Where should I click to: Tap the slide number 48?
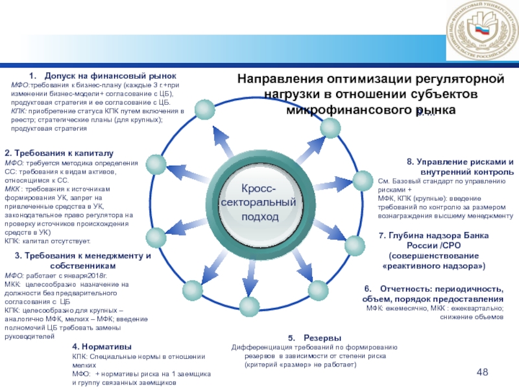482,372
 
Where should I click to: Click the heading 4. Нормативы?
102,346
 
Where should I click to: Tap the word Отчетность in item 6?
407,288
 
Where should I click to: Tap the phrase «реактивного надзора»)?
433,266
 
